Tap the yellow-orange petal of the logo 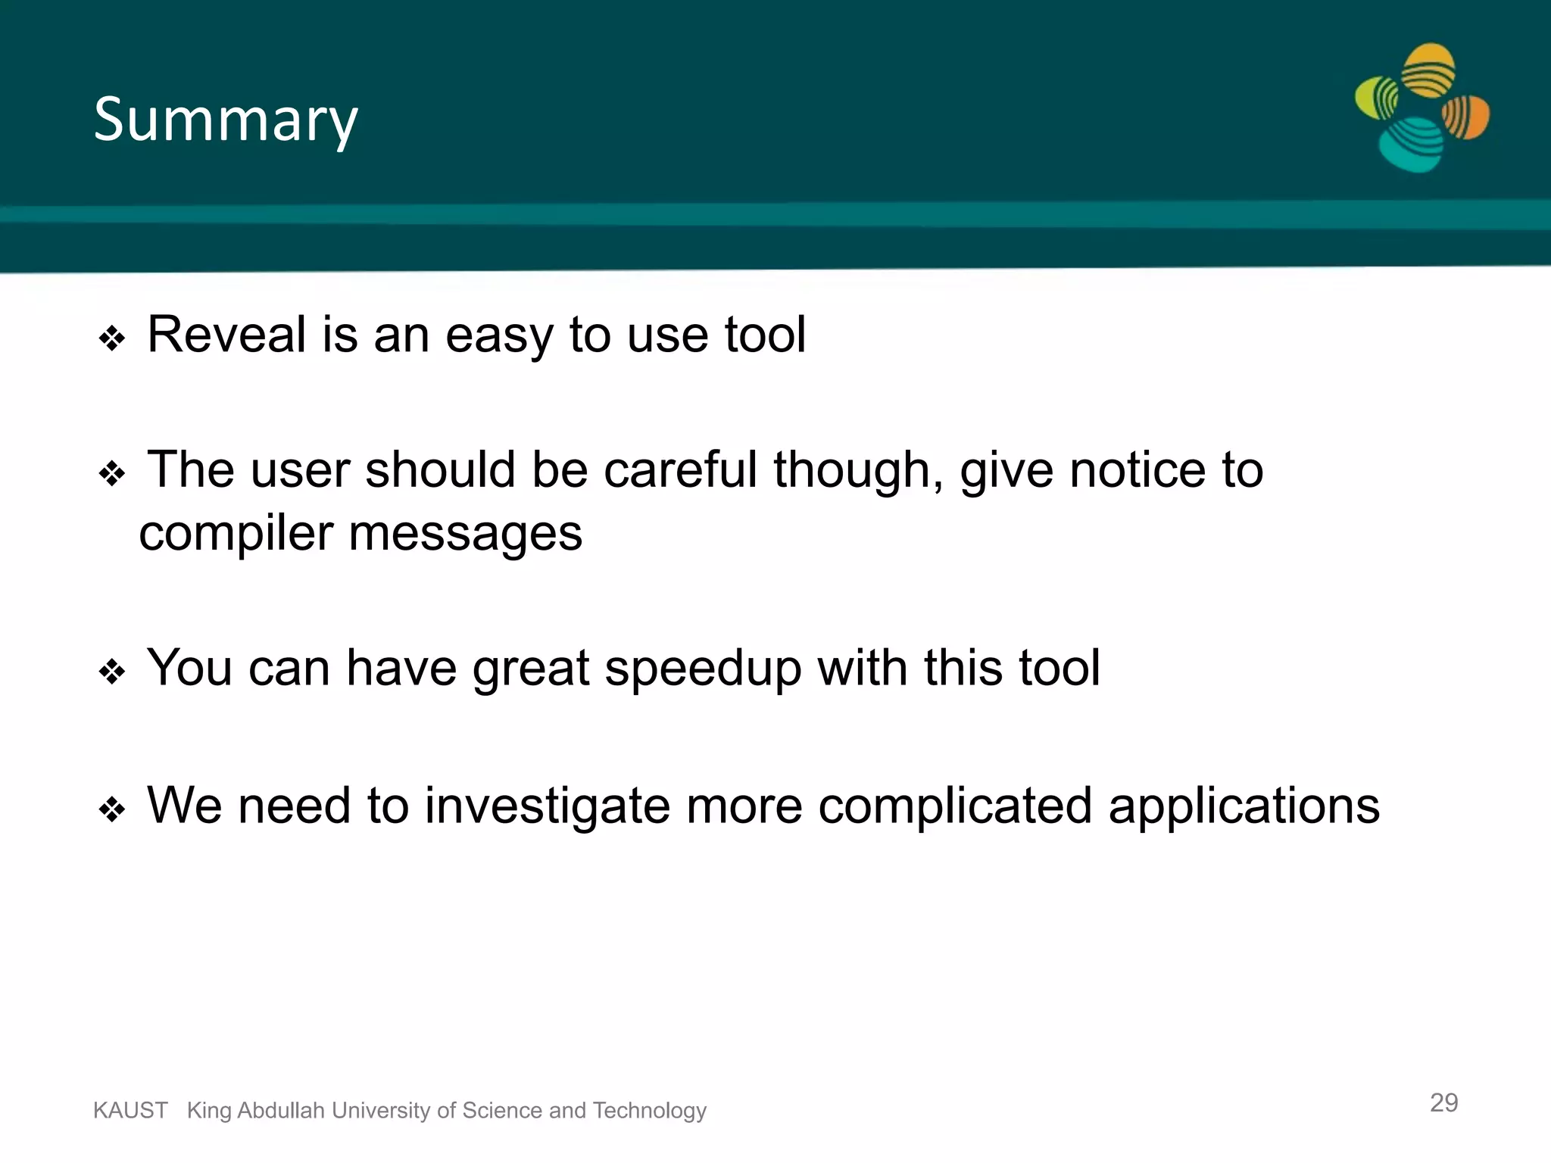pos(1428,70)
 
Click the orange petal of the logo pos(1466,117)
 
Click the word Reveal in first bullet pos(226,335)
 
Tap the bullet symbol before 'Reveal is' pos(112,338)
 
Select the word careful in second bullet pos(679,470)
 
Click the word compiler pos(235,534)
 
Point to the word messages pos(465,534)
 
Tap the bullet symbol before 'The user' pos(112,475)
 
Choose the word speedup pos(702,669)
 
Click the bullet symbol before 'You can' pos(112,672)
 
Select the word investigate pos(547,806)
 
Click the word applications pos(1244,806)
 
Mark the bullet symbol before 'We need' pos(112,809)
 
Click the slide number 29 pos(1443,1102)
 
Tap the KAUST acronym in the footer pos(130,1111)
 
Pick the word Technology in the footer pos(649,1111)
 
